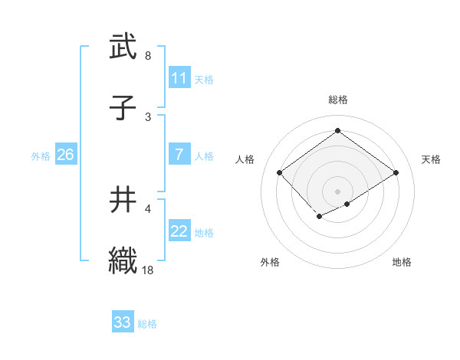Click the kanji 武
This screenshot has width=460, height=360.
(122, 47)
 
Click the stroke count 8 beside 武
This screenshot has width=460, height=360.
(148, 56)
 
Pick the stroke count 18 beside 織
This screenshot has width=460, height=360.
(149, 270)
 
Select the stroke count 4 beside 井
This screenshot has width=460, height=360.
(148, 208)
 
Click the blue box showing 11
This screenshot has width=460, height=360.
(179, 78)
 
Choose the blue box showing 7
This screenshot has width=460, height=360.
(179, 155)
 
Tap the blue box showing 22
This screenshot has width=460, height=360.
(179, 231)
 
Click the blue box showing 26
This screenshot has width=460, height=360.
(65, 155)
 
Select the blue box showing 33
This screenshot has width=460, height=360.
(122, 322)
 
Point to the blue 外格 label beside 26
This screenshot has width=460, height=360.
(41, 155)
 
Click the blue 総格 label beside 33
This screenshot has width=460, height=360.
(147, 323)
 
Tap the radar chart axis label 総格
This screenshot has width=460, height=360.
(337, 100)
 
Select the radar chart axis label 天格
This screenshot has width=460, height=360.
(432, 159)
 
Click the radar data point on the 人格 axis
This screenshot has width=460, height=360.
(280, 173)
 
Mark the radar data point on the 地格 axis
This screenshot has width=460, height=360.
(347, 204)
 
